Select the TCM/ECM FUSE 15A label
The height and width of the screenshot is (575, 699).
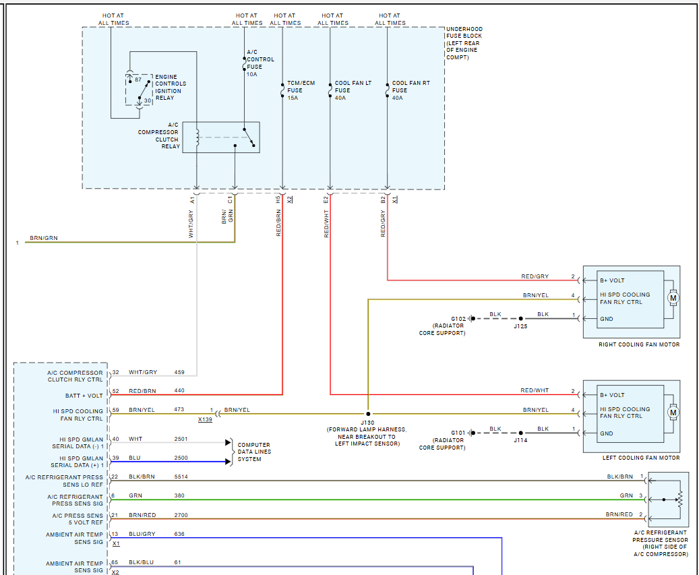301,90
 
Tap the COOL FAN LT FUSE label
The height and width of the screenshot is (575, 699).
353,90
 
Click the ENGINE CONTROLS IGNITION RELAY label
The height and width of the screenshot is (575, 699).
171,88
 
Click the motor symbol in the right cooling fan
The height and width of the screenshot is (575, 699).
673,297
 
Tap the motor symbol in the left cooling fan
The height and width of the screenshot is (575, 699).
673,412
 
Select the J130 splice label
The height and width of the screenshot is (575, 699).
367,422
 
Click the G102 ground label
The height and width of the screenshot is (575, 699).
458,319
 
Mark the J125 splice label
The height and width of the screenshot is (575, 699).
520,326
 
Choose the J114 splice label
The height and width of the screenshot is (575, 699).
520,440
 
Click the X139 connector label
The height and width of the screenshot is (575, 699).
205,419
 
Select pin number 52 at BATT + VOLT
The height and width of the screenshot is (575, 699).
116,391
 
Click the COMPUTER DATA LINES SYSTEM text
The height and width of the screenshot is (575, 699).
254,452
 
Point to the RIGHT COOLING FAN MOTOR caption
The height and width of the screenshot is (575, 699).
639,344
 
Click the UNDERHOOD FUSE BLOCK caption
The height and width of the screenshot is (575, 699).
464,43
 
